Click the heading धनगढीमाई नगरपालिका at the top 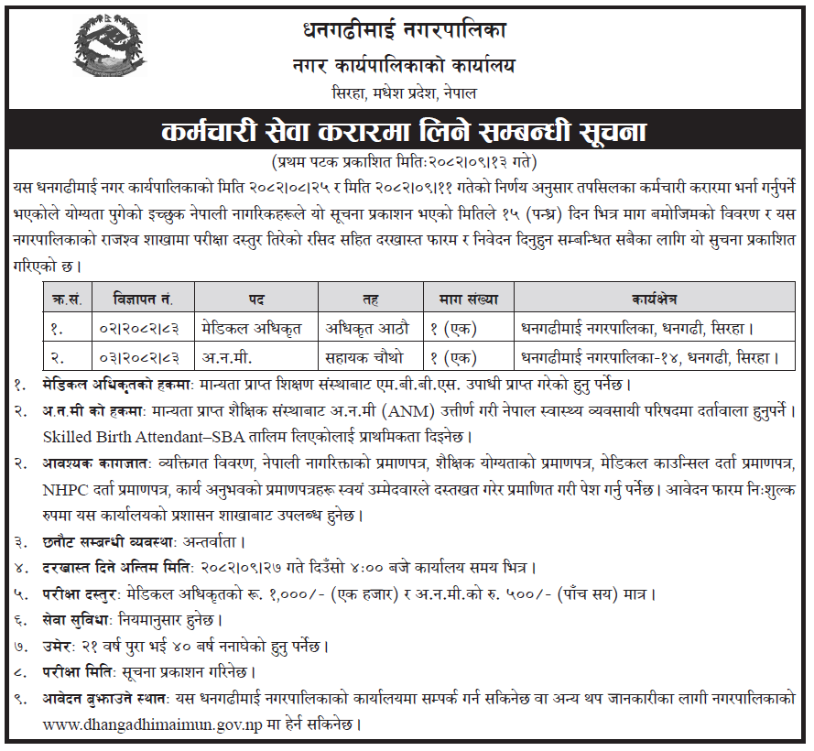pos(404,29)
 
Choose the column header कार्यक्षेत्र pos(654,298)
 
